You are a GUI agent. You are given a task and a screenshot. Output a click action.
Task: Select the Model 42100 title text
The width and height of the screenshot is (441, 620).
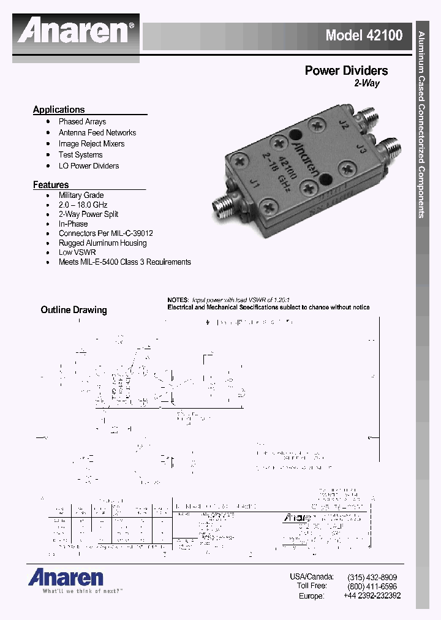click(x=364, y=35)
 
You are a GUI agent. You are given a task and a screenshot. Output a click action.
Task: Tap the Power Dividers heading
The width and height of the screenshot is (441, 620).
click(x=346, y=71)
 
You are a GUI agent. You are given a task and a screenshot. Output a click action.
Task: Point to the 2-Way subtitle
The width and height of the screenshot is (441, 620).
click(x=367, y=83)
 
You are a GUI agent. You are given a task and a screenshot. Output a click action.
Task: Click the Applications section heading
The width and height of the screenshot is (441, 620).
click(x=59, y=110)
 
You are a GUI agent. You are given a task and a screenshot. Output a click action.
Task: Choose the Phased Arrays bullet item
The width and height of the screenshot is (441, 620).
click(x=82, y=122)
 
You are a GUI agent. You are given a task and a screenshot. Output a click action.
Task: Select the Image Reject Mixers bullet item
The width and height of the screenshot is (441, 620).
click(x=91, y=144)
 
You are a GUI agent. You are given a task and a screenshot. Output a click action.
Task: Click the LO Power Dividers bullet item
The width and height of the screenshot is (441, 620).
click(x=89, y=166)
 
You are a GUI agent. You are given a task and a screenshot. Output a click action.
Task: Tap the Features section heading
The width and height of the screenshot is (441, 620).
click(x=51, y=185)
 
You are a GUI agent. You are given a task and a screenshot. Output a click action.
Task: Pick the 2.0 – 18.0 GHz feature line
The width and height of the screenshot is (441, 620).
click(x=83, y=205)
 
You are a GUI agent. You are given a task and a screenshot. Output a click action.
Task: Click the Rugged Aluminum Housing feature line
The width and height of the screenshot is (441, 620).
click(x=102, y=243)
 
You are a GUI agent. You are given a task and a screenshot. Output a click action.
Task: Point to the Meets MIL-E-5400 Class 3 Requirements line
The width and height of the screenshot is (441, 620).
click(x=124, y=262)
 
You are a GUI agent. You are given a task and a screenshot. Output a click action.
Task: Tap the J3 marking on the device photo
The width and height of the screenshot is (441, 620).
click(x=361, y=149)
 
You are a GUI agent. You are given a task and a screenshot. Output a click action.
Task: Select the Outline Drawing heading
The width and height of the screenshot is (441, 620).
click(x=73, y=310)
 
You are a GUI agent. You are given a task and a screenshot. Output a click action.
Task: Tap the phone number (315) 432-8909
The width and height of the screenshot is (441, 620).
click(x=372, y=577)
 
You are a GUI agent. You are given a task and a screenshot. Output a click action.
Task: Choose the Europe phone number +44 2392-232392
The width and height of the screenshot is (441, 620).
click(x=372, y=595)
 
